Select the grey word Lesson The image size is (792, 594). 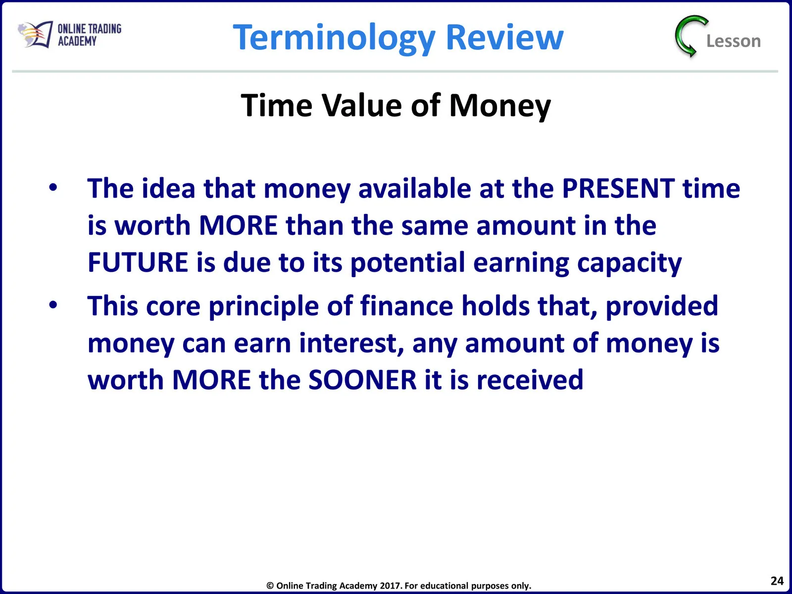[x=734, y=41]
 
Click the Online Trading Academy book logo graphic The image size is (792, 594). [x=35, y=34]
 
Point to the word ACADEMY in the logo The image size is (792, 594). [x=77, y=41]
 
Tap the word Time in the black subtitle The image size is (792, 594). [x=276, y=105]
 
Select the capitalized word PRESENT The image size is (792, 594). [x=618, y=189]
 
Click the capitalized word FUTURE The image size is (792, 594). [x=138, y=262]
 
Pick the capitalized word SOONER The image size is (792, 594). [x=362, y=380]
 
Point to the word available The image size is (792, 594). [x=415, y=188]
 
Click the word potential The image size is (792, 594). [x=407, y=263]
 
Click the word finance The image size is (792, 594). [x=407, y=306]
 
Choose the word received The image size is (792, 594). [x=530, y=380]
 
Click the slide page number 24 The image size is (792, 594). [x=777, y=581]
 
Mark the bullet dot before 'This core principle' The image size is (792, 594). [x=53, y=305]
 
